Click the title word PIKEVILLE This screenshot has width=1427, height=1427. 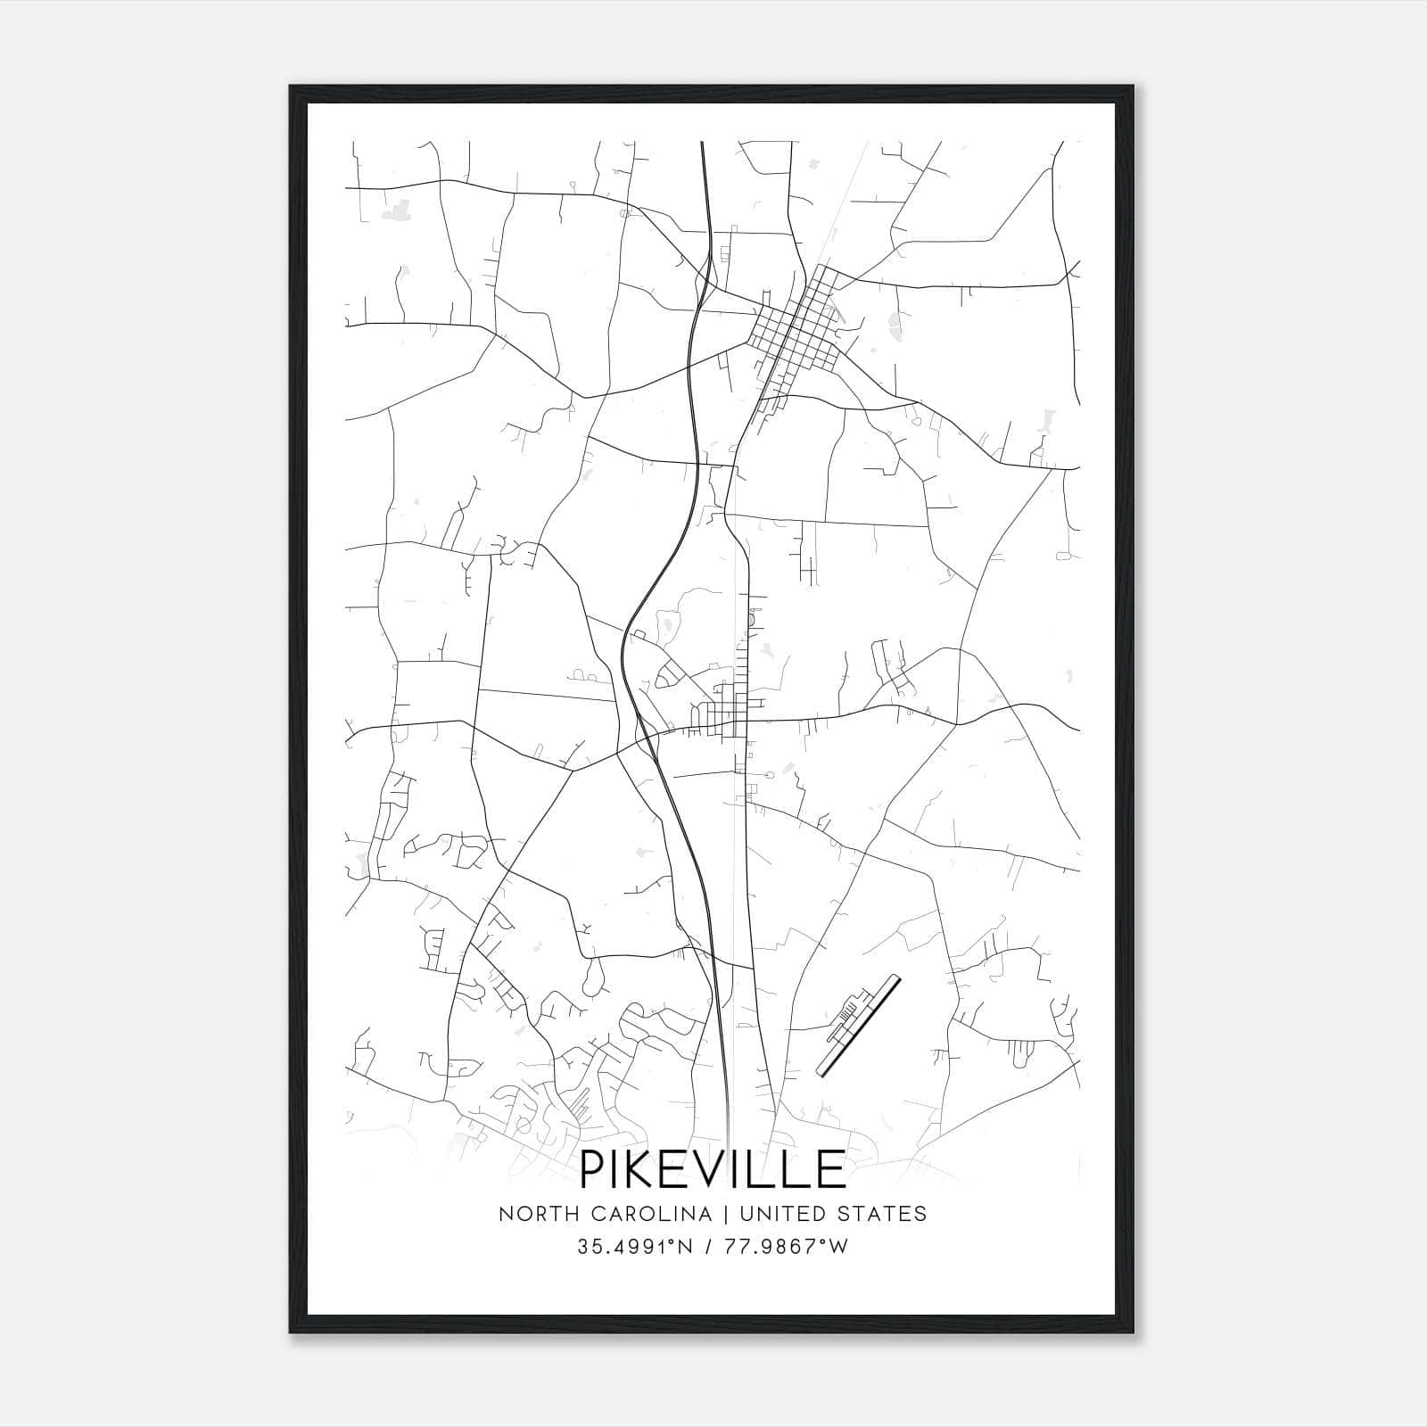click(713, 1169)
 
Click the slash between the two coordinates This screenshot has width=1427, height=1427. click(709, 1247)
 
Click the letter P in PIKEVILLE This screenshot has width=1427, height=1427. click(596, 1169)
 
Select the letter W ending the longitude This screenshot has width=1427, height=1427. click(837, 1247)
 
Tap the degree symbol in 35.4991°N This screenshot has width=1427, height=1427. click(680, 1241)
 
